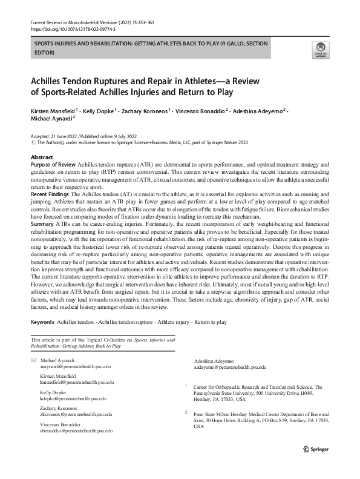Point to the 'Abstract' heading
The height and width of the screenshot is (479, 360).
[x=42, y=157]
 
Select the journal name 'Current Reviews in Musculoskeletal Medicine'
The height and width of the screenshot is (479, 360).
[x=77, y=22]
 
